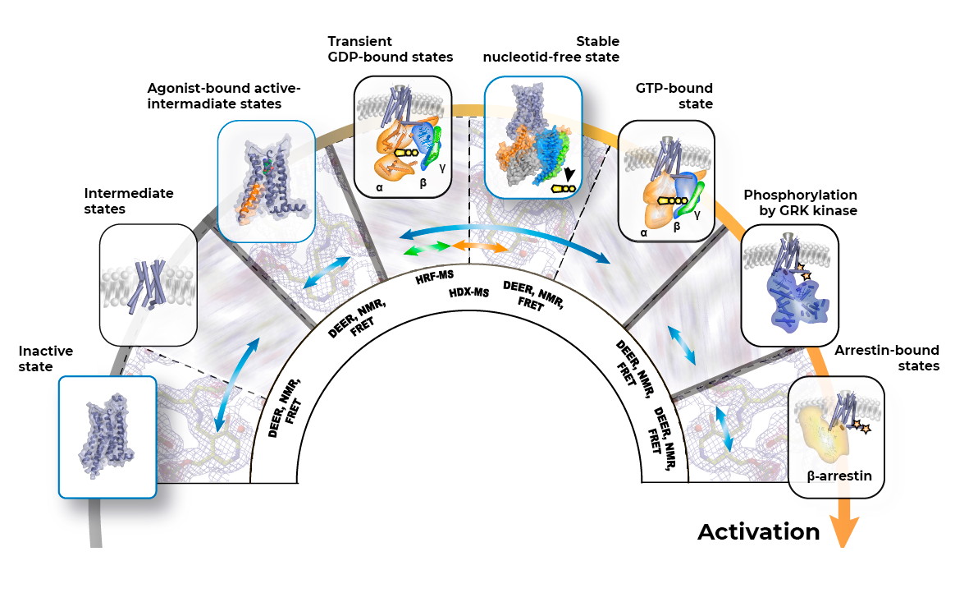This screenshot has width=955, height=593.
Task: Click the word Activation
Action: click(x=759, y=532)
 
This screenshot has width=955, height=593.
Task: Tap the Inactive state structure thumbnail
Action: click(x=107, y=437)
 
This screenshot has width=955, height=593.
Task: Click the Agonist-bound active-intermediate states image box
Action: click(x=266, y=179)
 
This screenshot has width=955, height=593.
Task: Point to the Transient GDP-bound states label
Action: click(x=390, y=49)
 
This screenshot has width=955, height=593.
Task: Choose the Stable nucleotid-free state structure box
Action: click(x=533, y=137)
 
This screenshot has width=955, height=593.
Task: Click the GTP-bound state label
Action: click(x=674, y=96)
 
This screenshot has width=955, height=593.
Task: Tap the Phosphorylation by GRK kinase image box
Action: click(x=789, y=284)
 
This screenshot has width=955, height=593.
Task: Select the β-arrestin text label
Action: click(x=837, y=475)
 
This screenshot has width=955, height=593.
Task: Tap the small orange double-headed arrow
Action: click(x=480, y=246)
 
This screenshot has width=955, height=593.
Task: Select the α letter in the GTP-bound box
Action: click(x=643, y=232)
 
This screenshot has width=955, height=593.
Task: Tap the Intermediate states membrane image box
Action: click(x=148, y=284)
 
